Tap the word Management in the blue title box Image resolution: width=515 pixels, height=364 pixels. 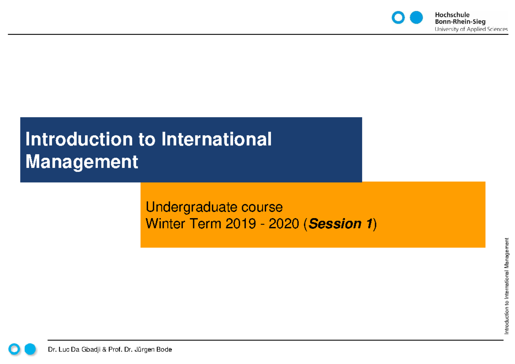coord(82,162)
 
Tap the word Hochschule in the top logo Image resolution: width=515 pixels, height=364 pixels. coord(452,15)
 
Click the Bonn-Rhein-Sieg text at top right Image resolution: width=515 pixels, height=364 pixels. coord(460,22)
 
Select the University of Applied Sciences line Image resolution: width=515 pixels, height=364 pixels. coord(471,29)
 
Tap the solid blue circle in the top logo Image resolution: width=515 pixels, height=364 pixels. coord(416,18)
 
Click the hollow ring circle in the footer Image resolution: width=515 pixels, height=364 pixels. coord(15,349)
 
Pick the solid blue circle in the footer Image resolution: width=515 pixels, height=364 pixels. coord(30,349)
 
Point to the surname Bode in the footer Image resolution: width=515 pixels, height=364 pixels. coord(164,350)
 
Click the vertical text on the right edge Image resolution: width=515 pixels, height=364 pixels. coord(506,285)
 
